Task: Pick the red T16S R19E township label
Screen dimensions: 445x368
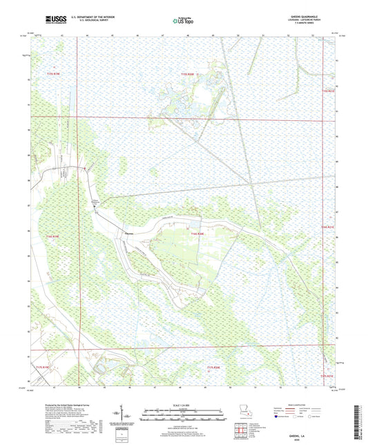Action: pyautogui.click(x=52, y=236)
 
